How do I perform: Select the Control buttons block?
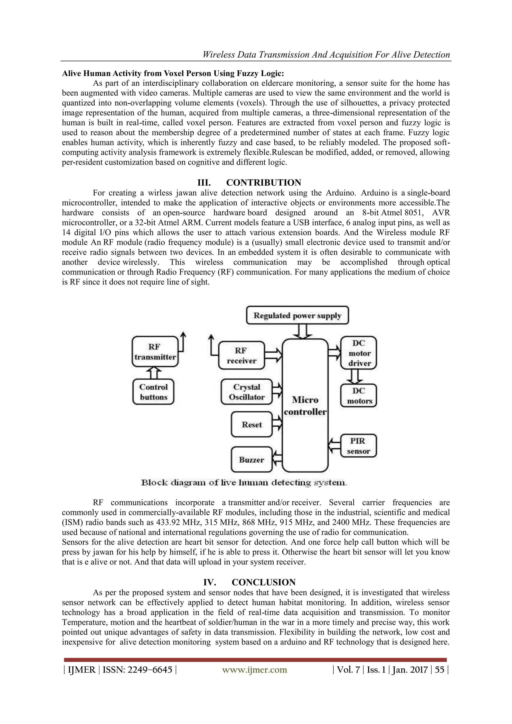[x=153, y=392]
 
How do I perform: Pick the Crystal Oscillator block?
[x=246, y=392]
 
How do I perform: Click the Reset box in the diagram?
[x=251, y=424]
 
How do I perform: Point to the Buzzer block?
[x=251, y=460]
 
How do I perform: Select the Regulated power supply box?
[x=297, y=316]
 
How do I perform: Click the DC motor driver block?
[x=359, y=353]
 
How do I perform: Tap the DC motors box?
[x=359, y=396]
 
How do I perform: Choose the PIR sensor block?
[x=358, y=446]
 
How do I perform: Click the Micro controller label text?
[x=305, y=406]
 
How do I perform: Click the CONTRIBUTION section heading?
[x=263, y=183]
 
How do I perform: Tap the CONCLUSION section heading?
[x=263, y=582]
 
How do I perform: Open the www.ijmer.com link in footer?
[x=254, y=670]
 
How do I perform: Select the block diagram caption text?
[x=244, y=483]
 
